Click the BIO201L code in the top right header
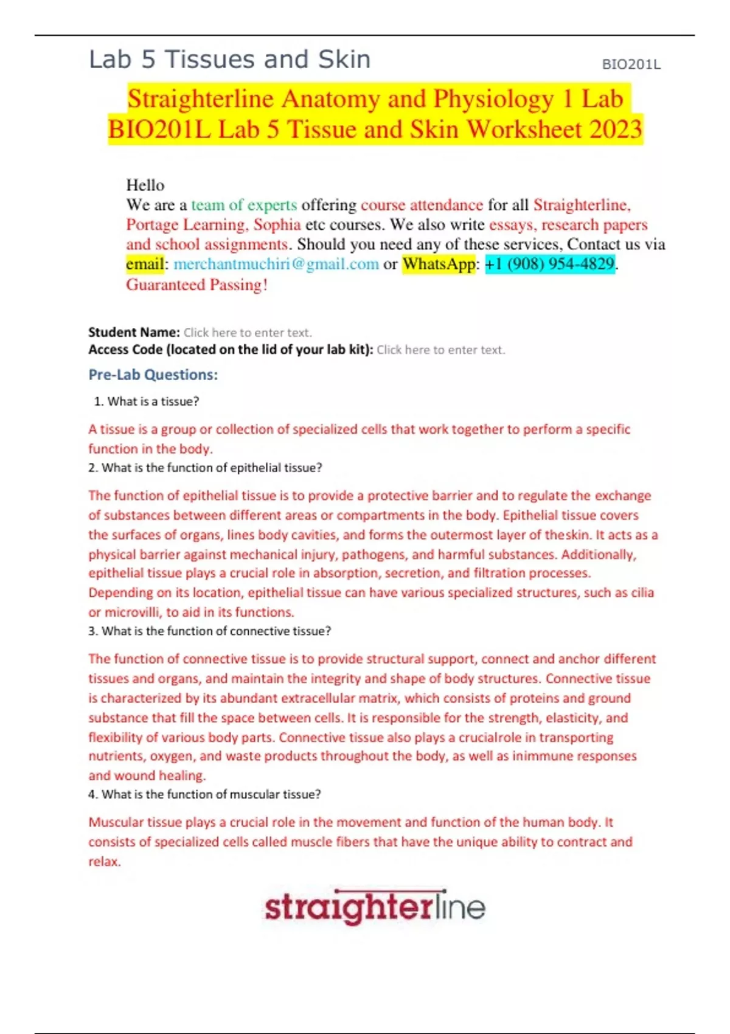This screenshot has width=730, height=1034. coord(631,64)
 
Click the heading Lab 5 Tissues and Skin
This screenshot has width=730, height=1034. coord(229,60)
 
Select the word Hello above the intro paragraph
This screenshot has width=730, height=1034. coord(145,185)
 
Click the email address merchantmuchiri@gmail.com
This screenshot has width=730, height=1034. coord(276,264)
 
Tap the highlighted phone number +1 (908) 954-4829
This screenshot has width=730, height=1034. coord(550,264)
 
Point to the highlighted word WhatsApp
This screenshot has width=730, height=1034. coord(439,264)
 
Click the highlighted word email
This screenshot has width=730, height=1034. coord(145,264)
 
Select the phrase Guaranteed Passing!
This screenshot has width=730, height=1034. coord(196,285)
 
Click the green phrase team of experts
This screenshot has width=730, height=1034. coord(244,205)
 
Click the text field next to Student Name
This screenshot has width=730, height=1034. coord(248,333)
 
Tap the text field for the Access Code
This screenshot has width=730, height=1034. coord(440,350)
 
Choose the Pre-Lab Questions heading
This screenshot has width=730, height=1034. coord(153,375)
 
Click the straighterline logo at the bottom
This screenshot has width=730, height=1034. coord(375,907)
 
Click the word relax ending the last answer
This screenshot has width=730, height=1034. coord(103,862)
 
